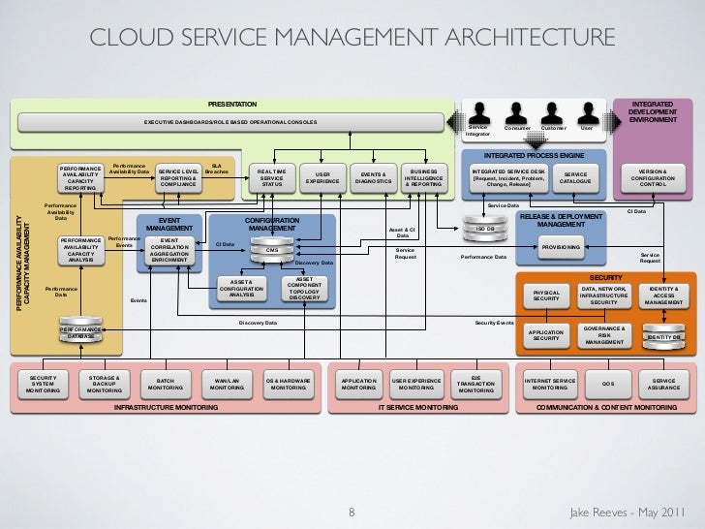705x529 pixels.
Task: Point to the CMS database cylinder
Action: [x=273, y=251]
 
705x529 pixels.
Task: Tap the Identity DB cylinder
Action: [x=665, y=335]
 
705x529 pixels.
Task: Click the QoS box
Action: [x=607, y=386]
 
